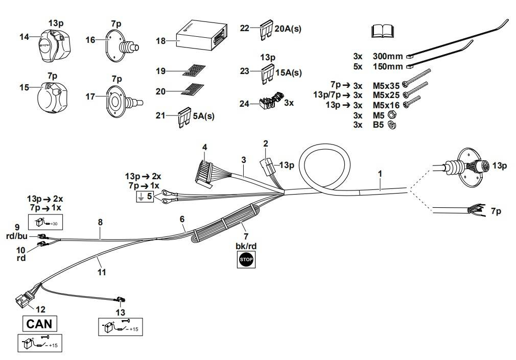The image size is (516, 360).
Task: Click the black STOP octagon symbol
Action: (x=246, y=260)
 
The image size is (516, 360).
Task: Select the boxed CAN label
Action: (x=39, y=324)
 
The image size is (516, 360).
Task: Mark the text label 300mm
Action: (x=388, y=56)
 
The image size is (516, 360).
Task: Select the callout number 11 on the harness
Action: (x=102, y=272)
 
